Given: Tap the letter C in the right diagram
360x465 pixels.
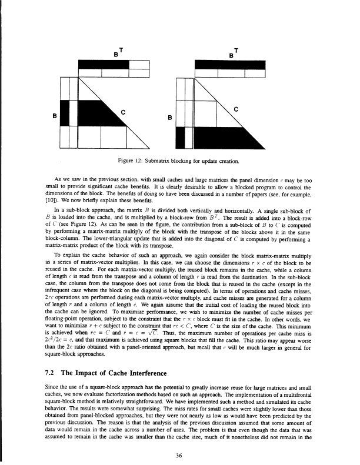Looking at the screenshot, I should click(235, 109).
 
